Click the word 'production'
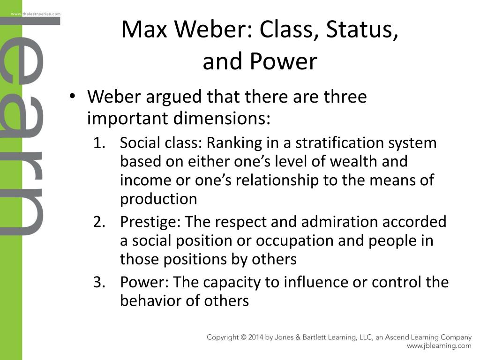pos(158,199)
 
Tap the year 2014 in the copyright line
pos(258,337)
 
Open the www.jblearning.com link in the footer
pos(439,346)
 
